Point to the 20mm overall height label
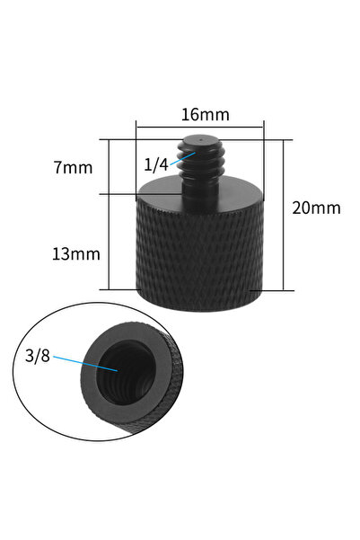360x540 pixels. point(317,208)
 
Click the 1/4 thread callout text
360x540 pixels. point(155,164)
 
